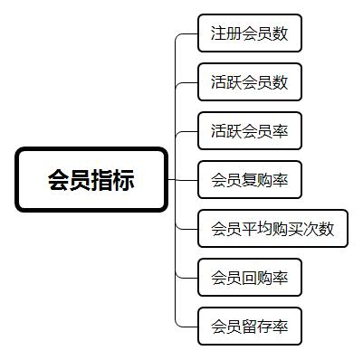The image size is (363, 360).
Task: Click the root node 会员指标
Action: pyautogui.click(x=91, y=179)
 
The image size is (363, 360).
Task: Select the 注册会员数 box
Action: pyautogui.click(x=249, y=33)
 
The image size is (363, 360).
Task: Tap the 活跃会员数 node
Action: pyautogui.click(x=249, y=82)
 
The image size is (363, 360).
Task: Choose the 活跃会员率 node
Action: pyautogui.click(x=249, y=131)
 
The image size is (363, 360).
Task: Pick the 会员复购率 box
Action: pyautogui.click(x=249, y=180)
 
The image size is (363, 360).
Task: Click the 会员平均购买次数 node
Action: pyautogui.click(x=272, y=228)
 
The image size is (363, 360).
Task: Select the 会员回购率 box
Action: pyautogui.click(x=249, y=277)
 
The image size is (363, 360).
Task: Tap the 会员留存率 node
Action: pyautogui.click(x=249, y=326)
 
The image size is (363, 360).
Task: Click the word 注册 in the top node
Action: pyautogui.click(x=225, y=33)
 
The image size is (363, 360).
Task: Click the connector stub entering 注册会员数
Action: pyautogui.click(x=188, y=33)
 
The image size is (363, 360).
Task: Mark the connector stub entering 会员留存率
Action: pyautogui.click(x=188, y=326)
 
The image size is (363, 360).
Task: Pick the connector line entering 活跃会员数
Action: pyautogui.click(x=187, y=82)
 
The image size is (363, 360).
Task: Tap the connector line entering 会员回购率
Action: pyautogui.click(x=187, y=277)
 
